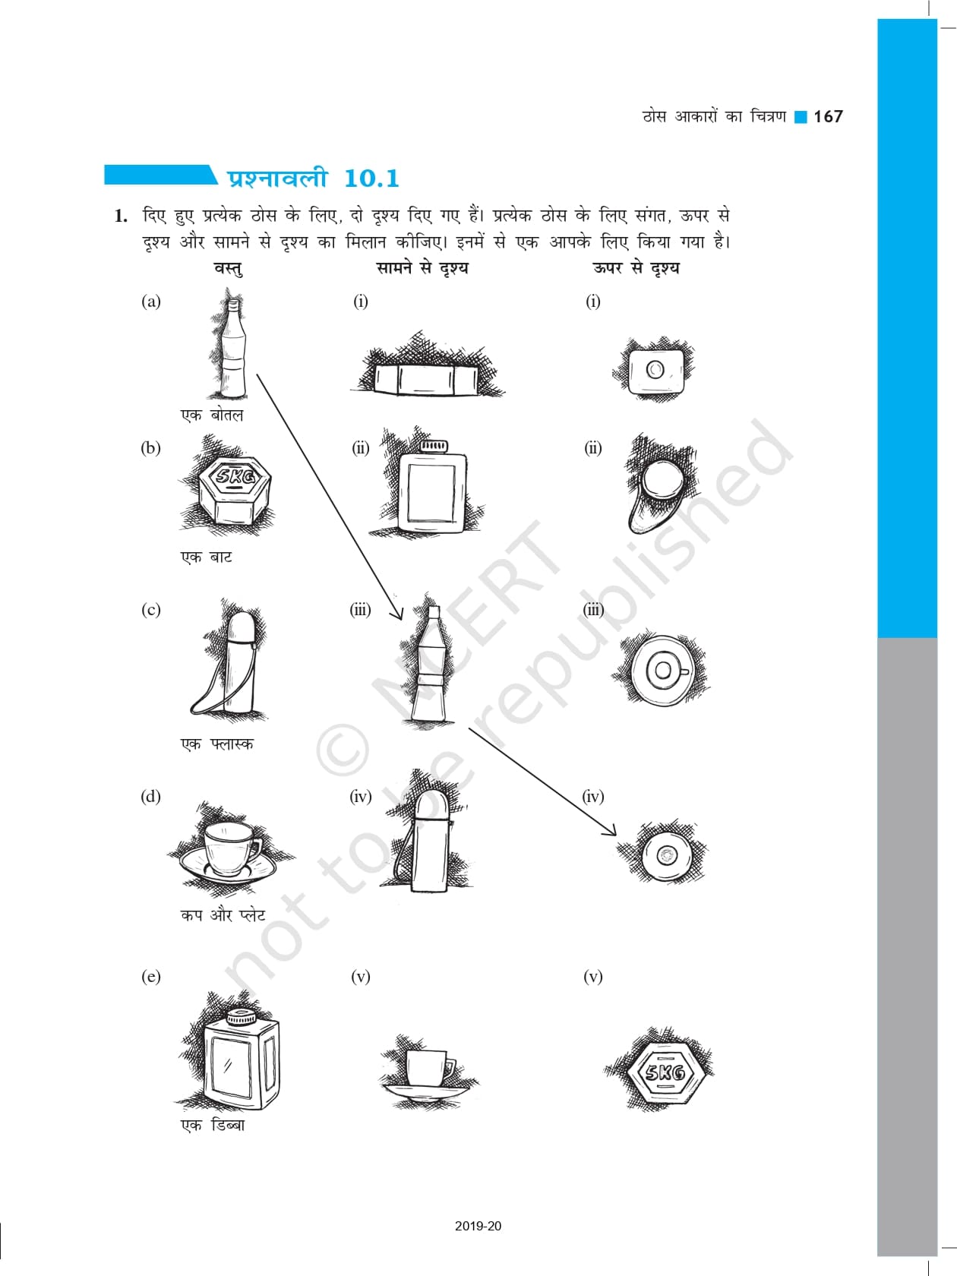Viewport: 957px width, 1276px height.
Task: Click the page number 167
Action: [x=827, y=117]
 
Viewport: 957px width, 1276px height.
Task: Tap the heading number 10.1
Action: [x=371, y=178]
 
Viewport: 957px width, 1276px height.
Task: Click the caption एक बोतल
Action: [x=212, y=415]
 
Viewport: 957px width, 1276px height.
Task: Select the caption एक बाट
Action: [x=207, y=557]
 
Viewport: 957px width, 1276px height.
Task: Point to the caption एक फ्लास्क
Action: [x=216, y=744]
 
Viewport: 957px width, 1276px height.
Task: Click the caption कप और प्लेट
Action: [x=223, y=915]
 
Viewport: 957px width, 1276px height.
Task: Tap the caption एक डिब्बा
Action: [x=213, y=1126]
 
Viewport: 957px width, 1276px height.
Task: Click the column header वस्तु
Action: [x=229, y=268]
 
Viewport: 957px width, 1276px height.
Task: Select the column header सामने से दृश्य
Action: [x=422, y=268]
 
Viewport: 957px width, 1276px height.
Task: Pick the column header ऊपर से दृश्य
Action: [x=636, y=268]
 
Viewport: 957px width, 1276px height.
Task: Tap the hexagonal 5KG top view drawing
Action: [x=666, y=1072]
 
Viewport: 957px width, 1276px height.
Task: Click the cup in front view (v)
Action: [x=427, y=1068]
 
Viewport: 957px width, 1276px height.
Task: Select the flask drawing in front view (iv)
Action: [x=429, y=841]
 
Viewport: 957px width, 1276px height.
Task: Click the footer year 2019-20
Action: [x=478, y=1225]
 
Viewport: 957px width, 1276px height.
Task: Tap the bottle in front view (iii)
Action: [x=431, y=663]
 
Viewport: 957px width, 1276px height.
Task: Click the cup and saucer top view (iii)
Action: [x=662, y=670]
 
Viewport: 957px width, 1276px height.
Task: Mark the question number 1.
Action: [x=121, y=216]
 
